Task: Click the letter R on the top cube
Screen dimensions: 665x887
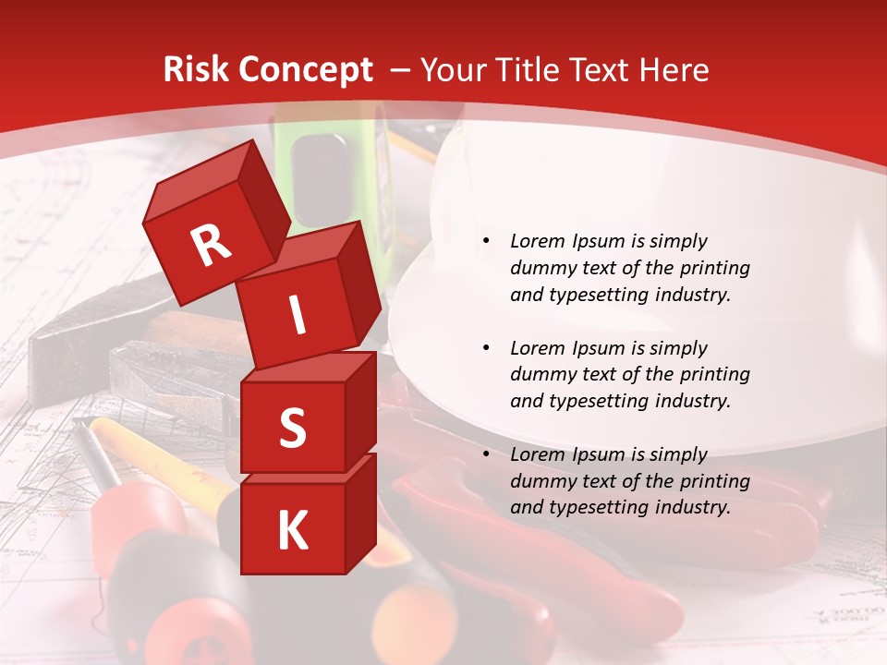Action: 211,246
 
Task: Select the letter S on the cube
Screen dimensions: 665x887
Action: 292,428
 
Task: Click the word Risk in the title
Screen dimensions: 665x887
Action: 197,70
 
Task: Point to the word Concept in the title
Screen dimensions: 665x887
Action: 305,70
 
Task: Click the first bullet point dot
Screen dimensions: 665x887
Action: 486,242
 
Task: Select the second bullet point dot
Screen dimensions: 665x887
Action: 486,349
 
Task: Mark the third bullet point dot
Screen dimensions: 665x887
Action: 486,455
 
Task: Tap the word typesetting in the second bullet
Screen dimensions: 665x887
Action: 596,401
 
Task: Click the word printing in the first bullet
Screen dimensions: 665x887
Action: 715,269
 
